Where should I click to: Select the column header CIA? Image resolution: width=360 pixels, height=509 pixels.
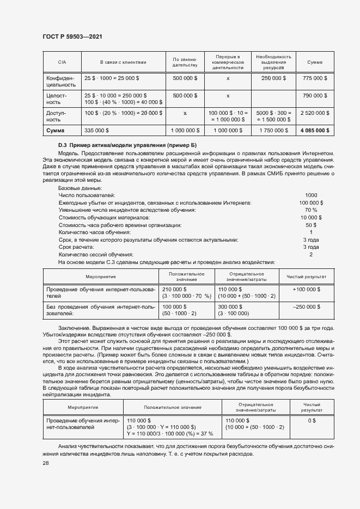tap(62, 62)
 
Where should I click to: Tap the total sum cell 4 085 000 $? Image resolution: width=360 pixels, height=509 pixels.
tap(314, 131)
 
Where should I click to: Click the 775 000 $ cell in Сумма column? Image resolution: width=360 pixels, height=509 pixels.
tap(314, 78)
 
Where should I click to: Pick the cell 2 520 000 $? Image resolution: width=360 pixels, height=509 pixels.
tap(314, 113)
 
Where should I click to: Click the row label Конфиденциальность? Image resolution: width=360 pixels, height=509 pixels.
tap(61, 82)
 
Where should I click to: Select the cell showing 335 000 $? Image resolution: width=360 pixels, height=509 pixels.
tap(97, 131)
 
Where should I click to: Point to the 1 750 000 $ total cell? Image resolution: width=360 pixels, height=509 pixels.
tap(273, 131)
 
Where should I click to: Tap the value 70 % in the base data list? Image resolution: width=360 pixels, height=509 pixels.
tap(311, 210)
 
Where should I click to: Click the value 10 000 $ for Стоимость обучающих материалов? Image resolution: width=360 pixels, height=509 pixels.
tap(311, 217)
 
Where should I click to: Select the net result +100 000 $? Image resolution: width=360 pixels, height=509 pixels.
tap(306, 289)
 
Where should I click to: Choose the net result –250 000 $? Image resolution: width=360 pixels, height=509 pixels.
tap(306, 307)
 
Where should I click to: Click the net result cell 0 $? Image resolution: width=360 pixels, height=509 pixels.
tap(312, 421)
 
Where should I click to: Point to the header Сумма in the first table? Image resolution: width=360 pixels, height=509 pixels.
tap(314, 62)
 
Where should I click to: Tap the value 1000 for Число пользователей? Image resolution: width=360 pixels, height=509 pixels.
tap(311, 195)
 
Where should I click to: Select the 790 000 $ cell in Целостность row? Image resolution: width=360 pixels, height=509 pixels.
tap(314, 96)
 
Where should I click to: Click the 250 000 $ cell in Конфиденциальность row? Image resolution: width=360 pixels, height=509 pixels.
tap(273, 78)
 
